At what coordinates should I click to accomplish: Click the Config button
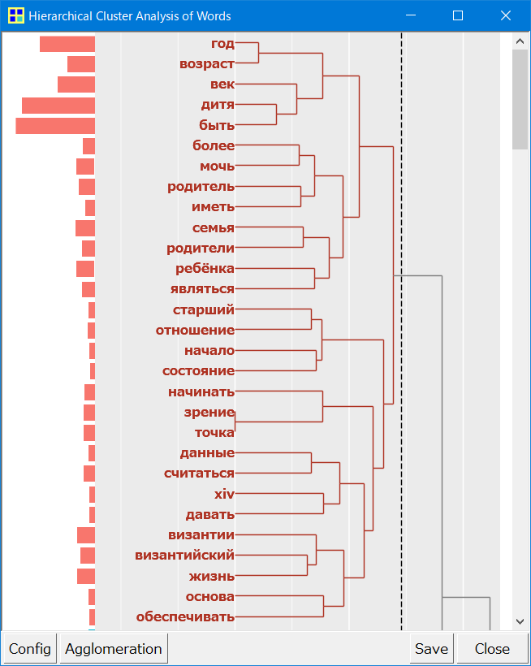click(29, 649)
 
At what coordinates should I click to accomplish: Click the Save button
click(431, 649)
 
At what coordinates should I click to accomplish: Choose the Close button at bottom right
click(492, 649)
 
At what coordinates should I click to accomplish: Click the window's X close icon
click(506, 16)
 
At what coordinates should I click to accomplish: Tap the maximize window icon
click(458, 16)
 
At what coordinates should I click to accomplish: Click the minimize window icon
click(410, 16)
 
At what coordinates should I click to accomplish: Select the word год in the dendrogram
click(222, 44)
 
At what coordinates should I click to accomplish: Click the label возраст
click(207, 64)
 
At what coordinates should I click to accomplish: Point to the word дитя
click(218, 105)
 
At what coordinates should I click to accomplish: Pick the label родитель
click(201, 187)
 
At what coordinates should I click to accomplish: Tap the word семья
click(214, 227)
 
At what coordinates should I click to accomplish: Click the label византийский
click(184, 556)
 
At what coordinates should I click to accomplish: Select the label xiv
click(224, 494)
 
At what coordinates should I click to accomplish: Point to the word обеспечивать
click(185, 616)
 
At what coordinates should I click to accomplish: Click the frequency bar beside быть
click(55, 126)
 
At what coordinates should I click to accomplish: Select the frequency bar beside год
click(67, 44)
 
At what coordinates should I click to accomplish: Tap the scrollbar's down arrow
click(520, 621)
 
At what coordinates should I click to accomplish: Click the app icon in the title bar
click(15, 16)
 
